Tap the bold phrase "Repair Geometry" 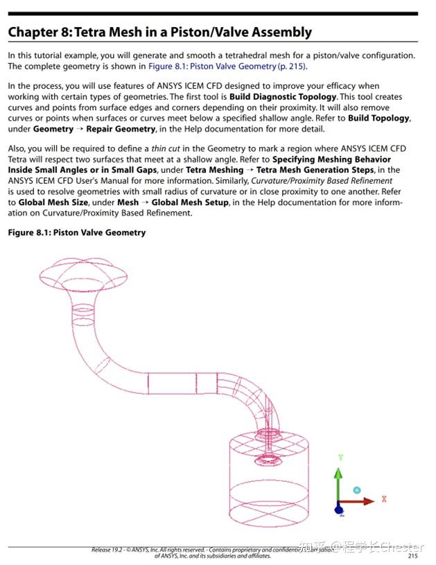(x=121, y=129)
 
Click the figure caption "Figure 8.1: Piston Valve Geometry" (x=77, y=233)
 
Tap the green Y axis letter (x=340, y=458)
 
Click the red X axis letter (x=384, y=498)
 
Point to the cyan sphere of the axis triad (x=357, y=490)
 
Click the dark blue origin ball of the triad (x=339, y=510)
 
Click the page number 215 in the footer (x=412, y=555)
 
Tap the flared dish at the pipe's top (x=83, y=274)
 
